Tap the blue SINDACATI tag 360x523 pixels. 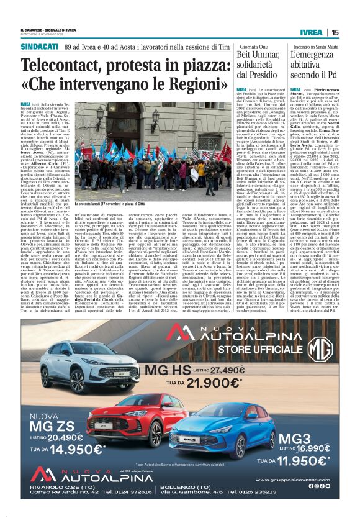[x=35, y=46]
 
